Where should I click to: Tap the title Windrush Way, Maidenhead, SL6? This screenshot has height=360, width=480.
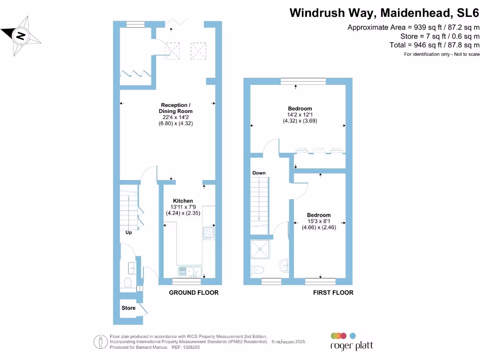[384, 12]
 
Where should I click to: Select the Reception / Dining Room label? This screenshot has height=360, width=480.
[176, 108]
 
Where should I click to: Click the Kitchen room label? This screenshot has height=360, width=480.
[183, 201]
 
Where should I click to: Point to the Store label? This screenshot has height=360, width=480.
[128, 308]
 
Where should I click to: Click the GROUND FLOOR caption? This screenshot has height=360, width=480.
[194, 292]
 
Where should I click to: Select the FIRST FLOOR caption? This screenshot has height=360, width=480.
[333, 292]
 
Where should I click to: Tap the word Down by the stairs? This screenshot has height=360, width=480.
[259, 173]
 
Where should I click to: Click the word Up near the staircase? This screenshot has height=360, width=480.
[128, 232]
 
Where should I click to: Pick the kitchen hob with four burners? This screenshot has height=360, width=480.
[209, 232]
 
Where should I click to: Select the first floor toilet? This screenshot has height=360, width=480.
[258, 270]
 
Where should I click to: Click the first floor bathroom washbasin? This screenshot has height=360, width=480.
[284, 265]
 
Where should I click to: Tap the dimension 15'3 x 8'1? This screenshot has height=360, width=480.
[319, 221]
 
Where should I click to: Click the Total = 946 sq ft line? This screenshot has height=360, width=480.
[435, 45]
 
